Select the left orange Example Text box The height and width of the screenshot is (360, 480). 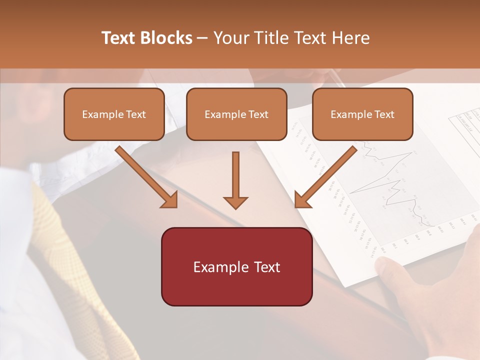114,114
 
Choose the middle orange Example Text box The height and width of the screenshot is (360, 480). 236,114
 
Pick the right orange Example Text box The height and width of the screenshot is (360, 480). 362,114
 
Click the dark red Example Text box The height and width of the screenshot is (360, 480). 236,267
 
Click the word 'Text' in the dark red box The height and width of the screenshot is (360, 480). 265,267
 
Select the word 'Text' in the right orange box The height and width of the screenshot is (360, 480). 384,114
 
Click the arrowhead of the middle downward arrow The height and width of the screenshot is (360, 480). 235,202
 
